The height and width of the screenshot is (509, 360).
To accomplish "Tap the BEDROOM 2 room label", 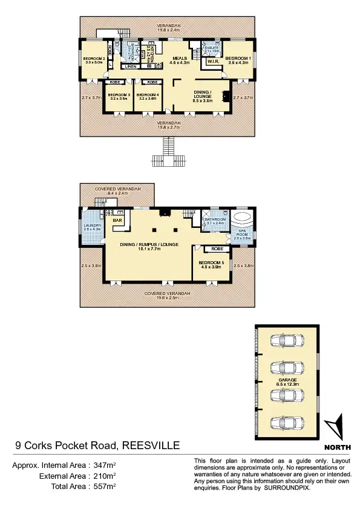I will [x=94, y=59].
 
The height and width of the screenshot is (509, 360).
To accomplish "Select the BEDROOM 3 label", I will [x=119, y=95].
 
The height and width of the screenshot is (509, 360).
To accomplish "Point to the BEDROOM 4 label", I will [x=148, y=95].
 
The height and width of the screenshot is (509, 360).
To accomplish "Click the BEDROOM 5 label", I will [x=211, y=262].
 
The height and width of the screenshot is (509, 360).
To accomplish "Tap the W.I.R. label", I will [x=212, y=62].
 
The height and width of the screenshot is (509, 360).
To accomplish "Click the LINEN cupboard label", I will [x=131, y=66].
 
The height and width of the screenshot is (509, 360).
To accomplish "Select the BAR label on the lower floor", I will [x=117, y=221].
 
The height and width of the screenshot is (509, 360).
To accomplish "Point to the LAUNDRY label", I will [x=93, y=225].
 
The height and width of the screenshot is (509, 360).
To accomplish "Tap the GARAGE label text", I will [x=287, y=380].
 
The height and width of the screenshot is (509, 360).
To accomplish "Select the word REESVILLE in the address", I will [x=151, y=446].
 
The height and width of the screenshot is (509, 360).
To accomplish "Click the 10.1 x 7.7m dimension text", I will [x=148, y=248].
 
